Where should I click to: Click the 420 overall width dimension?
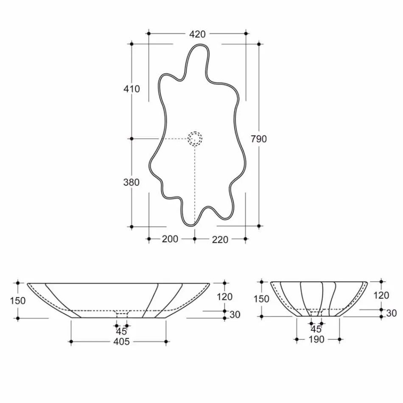pyautogui.click(x=197, y=34)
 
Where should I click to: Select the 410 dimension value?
pyautogui.click(x=132, y=89)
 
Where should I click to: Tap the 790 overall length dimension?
pyautogui.click(x=259, y=139)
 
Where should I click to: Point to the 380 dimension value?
pyautogui.click(x=132, y=182)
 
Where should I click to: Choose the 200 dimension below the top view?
pyautogui.click(x=170, y=239)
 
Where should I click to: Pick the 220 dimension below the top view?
pyautogui.click(x=220, y=240)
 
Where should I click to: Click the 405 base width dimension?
pyautogui.click(x=121, y=342)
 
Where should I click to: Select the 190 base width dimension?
pyautogui.click(x=316, y=339)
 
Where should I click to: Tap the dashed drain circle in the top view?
pyautogui.click(x=195, y=138)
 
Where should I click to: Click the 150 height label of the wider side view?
pyautogui.click(x=18, y=301)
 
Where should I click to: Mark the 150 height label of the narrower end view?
pyautogui.click(x=261, y=299)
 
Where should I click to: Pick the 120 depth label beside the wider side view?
pyautogui.click(x=224, y=297)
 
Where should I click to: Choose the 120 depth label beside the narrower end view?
pyautogui.click(x=382, y=295)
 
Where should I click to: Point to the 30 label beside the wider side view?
pyautogui.click(x=235, y=314)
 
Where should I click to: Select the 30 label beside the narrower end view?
pyautogui.click(x=392, y=313)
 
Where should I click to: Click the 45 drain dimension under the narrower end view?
pyautogui.click(x=316, y=329)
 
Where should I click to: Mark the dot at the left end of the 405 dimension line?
pyautogui.click(x=71, y=341)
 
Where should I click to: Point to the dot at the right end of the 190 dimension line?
pyautogui.click(x=339, y=339)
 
